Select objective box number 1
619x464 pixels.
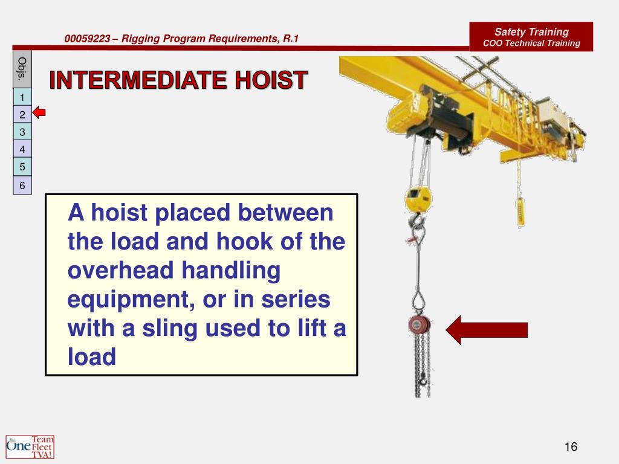coord(22,97)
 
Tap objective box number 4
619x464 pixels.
coord(22,149)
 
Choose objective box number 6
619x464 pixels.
coord(22,185)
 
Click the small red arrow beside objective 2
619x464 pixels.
coord(39,113)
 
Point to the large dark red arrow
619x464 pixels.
coord(487,329)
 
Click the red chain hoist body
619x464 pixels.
coord(417,326)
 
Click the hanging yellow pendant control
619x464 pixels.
coord(518,209)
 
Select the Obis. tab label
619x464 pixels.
coord(22,69)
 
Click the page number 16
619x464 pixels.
coord(571,446)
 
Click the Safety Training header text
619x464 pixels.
coord(531,32)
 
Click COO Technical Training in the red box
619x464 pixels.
coord(531,43)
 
